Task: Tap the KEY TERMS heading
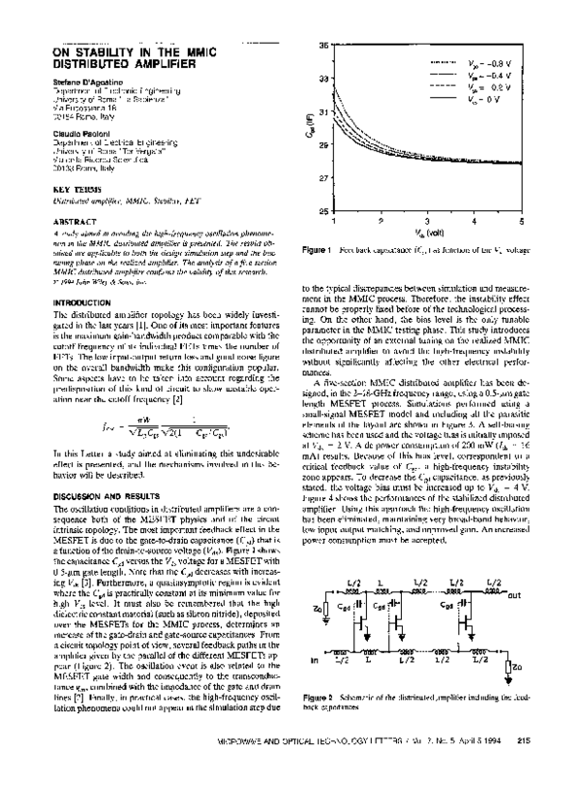[x=72, y=191]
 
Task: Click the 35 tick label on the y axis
[x=322, y=45]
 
